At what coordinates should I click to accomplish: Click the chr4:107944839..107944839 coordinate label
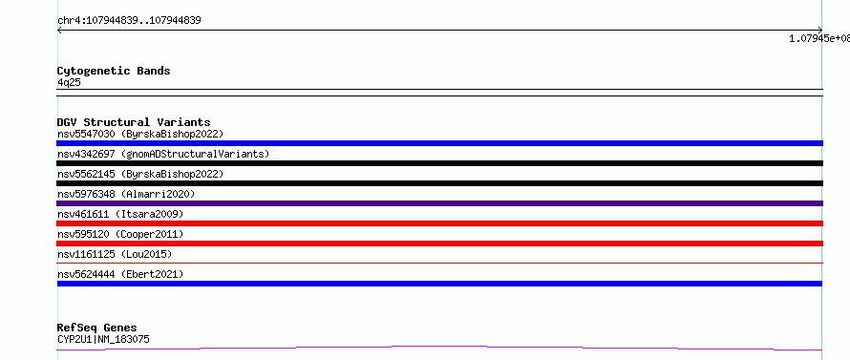129,21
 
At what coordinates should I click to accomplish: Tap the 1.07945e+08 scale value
819,38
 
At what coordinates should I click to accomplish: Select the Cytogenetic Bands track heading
114,71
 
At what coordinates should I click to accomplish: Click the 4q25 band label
70,82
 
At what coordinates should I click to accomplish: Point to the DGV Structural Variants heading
134,122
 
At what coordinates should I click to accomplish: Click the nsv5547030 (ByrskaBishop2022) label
140,134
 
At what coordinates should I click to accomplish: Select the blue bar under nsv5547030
439,143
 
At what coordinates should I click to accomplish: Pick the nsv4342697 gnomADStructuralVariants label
163,154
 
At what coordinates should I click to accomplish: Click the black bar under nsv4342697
439,163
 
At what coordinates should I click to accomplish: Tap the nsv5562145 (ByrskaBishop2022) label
140,174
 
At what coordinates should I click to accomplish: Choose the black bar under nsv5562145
439,183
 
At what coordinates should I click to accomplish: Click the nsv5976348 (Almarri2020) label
126,194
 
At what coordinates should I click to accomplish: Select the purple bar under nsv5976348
439,203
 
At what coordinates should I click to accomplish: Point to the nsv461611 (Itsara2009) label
120,214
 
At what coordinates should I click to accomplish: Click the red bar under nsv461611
439,223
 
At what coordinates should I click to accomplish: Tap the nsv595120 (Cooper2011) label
120,234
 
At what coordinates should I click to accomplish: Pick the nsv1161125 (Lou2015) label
115,254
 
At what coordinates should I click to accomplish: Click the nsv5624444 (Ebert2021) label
120,274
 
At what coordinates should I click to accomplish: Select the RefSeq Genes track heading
97,328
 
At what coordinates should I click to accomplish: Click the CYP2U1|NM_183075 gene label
103,339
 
